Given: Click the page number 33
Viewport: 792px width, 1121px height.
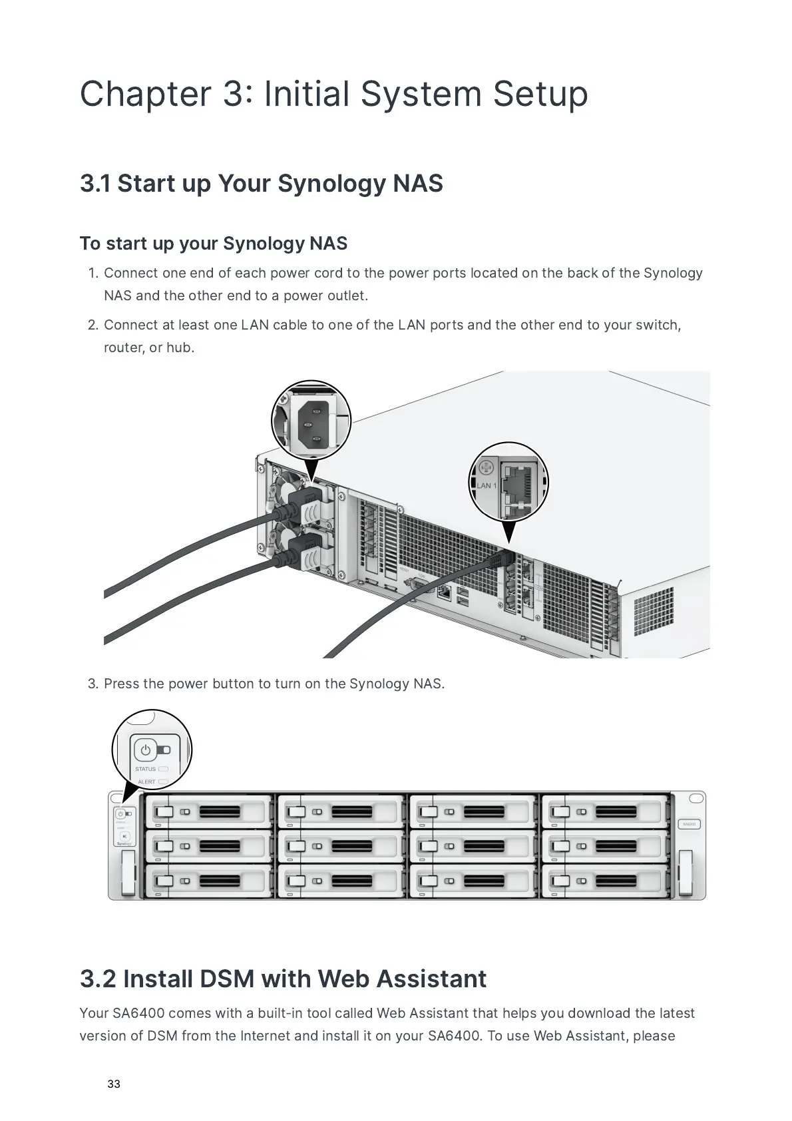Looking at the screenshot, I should tap(114, 1084).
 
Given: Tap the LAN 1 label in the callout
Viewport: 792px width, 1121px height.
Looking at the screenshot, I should tap(487, 485).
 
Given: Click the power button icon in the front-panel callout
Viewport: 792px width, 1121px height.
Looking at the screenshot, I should tap(146, 750).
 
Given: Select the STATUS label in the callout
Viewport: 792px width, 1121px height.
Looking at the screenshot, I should tap(145, 769).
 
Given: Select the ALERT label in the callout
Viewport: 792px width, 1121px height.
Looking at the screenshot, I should tap(146, 782).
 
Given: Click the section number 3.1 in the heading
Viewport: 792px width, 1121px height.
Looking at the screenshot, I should tap(95, 184).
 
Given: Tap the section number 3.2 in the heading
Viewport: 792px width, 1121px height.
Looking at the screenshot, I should tap(97, 979).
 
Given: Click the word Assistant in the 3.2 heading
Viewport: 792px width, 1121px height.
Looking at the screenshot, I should tap(431, 979).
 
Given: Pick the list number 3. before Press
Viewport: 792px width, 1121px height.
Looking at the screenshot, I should tap(93, 684).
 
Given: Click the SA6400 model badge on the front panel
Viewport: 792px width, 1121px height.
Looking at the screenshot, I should tap(689, 824).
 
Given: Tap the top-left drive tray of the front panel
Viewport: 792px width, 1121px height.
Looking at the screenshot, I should tap(209, 811).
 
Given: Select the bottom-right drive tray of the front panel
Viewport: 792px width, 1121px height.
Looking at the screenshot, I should tap(605, 881).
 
